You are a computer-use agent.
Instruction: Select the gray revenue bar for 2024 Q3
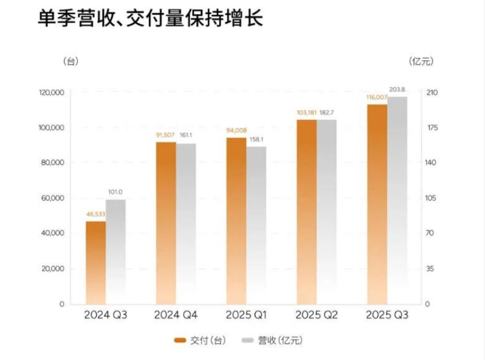pos(115,252)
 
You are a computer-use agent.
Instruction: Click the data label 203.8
pos(397,90)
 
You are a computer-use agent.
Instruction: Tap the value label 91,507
pos(166,135)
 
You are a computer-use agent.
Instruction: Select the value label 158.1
pos(256,140)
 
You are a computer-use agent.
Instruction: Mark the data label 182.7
pos(327,112)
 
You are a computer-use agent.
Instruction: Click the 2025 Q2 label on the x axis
pos(316,316)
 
